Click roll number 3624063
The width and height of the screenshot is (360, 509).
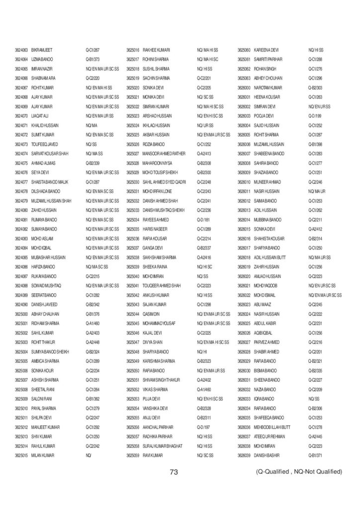tap(22, 50)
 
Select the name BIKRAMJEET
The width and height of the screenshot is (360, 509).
tap(42, 50)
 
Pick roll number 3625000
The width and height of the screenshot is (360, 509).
tap(22, 314)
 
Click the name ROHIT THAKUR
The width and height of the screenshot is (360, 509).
tap(43, 342)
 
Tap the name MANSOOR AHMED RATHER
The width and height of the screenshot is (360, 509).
tap(164, 154)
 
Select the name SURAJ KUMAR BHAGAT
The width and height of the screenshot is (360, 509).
tap(163, 445)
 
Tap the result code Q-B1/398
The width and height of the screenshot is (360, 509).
tap(316, 144)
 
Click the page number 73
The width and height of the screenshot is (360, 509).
tap(174, 472)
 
